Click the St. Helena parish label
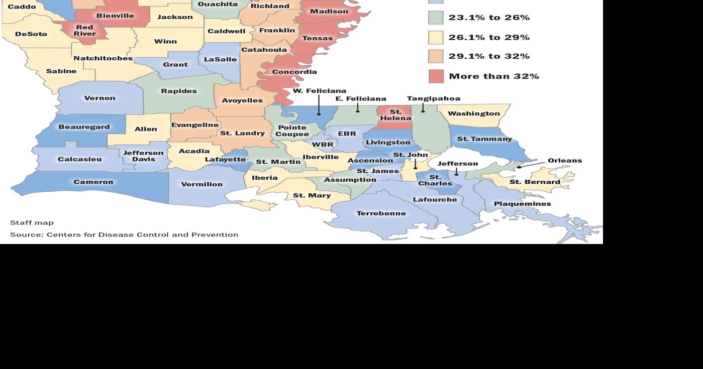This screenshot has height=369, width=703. (x=395, y=115)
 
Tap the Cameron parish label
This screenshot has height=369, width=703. (x=93, y=182)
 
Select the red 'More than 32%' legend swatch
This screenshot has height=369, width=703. (x=436, y=76)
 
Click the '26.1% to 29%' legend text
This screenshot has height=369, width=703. (x=488, y=38)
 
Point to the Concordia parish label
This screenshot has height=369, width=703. (x=294, y=72)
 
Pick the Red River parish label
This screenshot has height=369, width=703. (x=85, y=30)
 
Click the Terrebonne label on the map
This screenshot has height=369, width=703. (x=381, y=213)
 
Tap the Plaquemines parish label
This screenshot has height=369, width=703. (x=522, y=204)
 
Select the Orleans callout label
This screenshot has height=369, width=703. (x=564, y=161)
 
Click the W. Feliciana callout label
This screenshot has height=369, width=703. (x=320, y=91)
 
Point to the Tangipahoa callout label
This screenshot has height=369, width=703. (x=433, y=98)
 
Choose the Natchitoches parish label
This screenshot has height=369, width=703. (x=103, y=58)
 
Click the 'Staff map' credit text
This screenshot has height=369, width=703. (x=32, y=222)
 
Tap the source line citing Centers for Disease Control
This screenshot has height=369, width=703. (x=124, y=234)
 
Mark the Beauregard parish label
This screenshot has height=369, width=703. (x=84, y=127)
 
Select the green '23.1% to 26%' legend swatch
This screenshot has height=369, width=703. (x=436, y=18)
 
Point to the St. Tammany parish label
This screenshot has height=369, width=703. (x=484, y=139)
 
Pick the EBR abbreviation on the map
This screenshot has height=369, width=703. (x=347, y=134)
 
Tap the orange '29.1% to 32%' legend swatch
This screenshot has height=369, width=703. (x=436, y=57)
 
